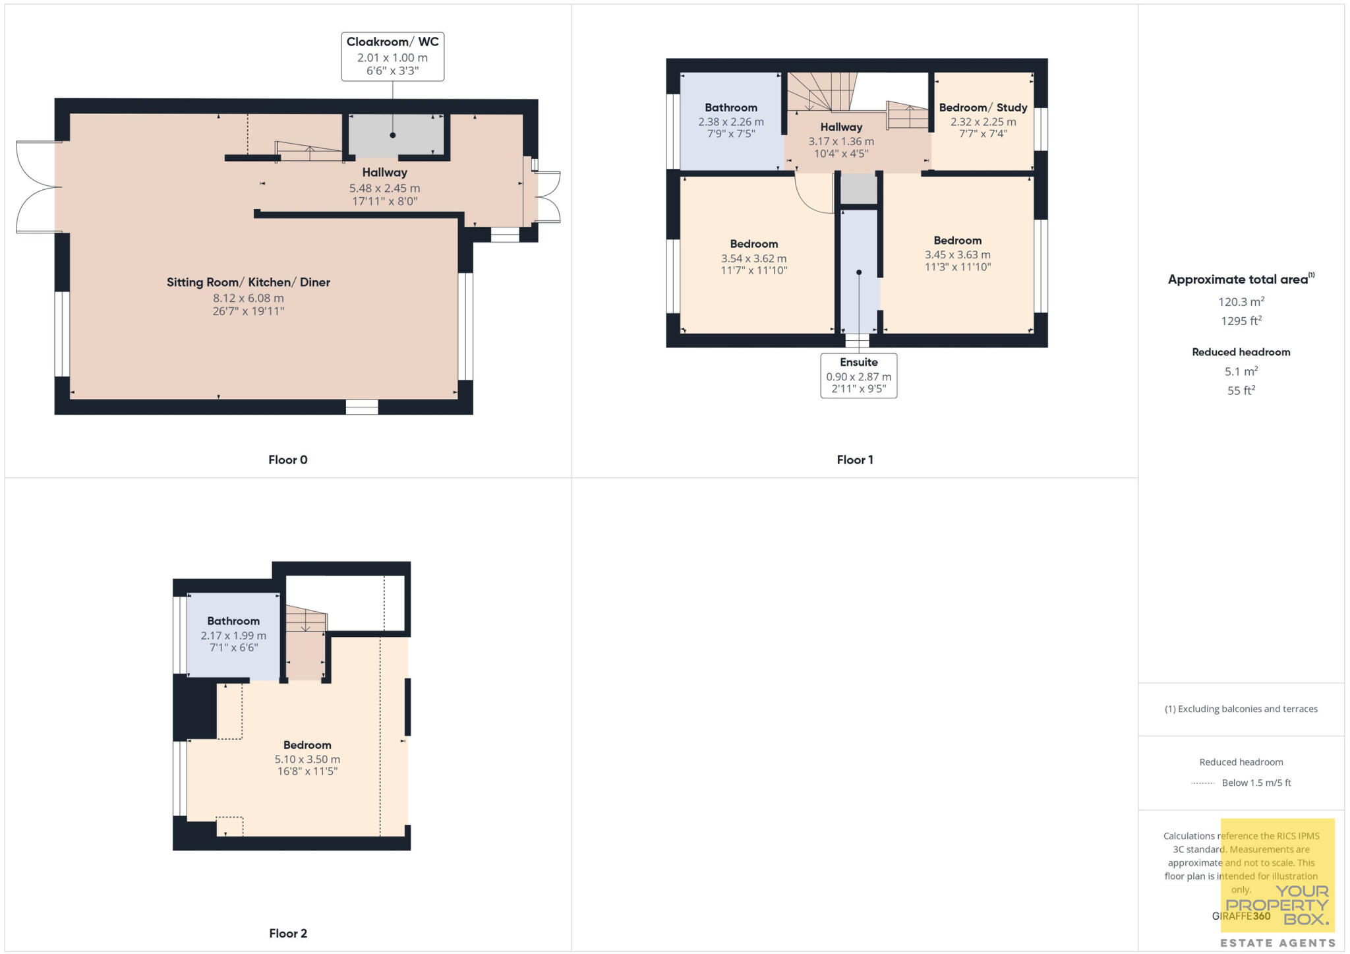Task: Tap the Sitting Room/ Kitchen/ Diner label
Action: [x=248, y=282]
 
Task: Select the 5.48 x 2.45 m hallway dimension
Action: [x=384, y=188]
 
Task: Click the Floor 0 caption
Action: [x=287, y=460]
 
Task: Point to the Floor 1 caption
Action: [x=854, y=460]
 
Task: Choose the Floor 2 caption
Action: [x=287, y=934]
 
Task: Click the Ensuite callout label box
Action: [x=858, y=375]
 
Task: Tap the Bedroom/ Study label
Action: [x=983, y=107]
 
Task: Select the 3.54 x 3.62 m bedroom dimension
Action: [x=753, y=258]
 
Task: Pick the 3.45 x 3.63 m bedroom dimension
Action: [x=957, y=254]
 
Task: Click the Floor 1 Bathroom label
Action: [x=730, y=107]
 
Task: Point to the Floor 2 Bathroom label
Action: [x=233, y=621]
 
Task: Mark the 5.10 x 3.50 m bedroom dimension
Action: [x=307, y=760]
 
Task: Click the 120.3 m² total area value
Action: [x=1241, y=302]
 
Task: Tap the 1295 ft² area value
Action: [x=1241, y=321]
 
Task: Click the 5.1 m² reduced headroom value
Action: [x=1241, y=371]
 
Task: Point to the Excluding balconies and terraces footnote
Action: [x=1241, y=709]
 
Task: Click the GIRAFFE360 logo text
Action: [x=1241, y=916]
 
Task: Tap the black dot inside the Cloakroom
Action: [x=393, y=135]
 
